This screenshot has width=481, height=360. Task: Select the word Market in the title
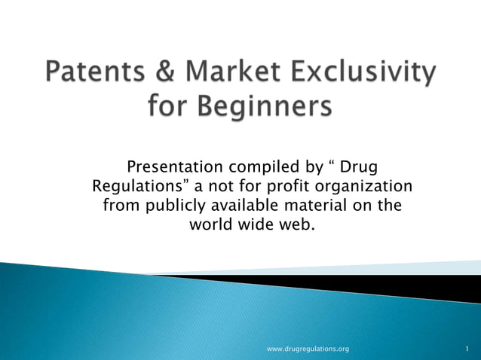237,74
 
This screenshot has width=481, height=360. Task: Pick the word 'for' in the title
168,108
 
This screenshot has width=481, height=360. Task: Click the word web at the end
295,224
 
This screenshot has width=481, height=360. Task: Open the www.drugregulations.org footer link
308,349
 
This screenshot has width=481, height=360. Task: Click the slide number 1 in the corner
467,349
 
